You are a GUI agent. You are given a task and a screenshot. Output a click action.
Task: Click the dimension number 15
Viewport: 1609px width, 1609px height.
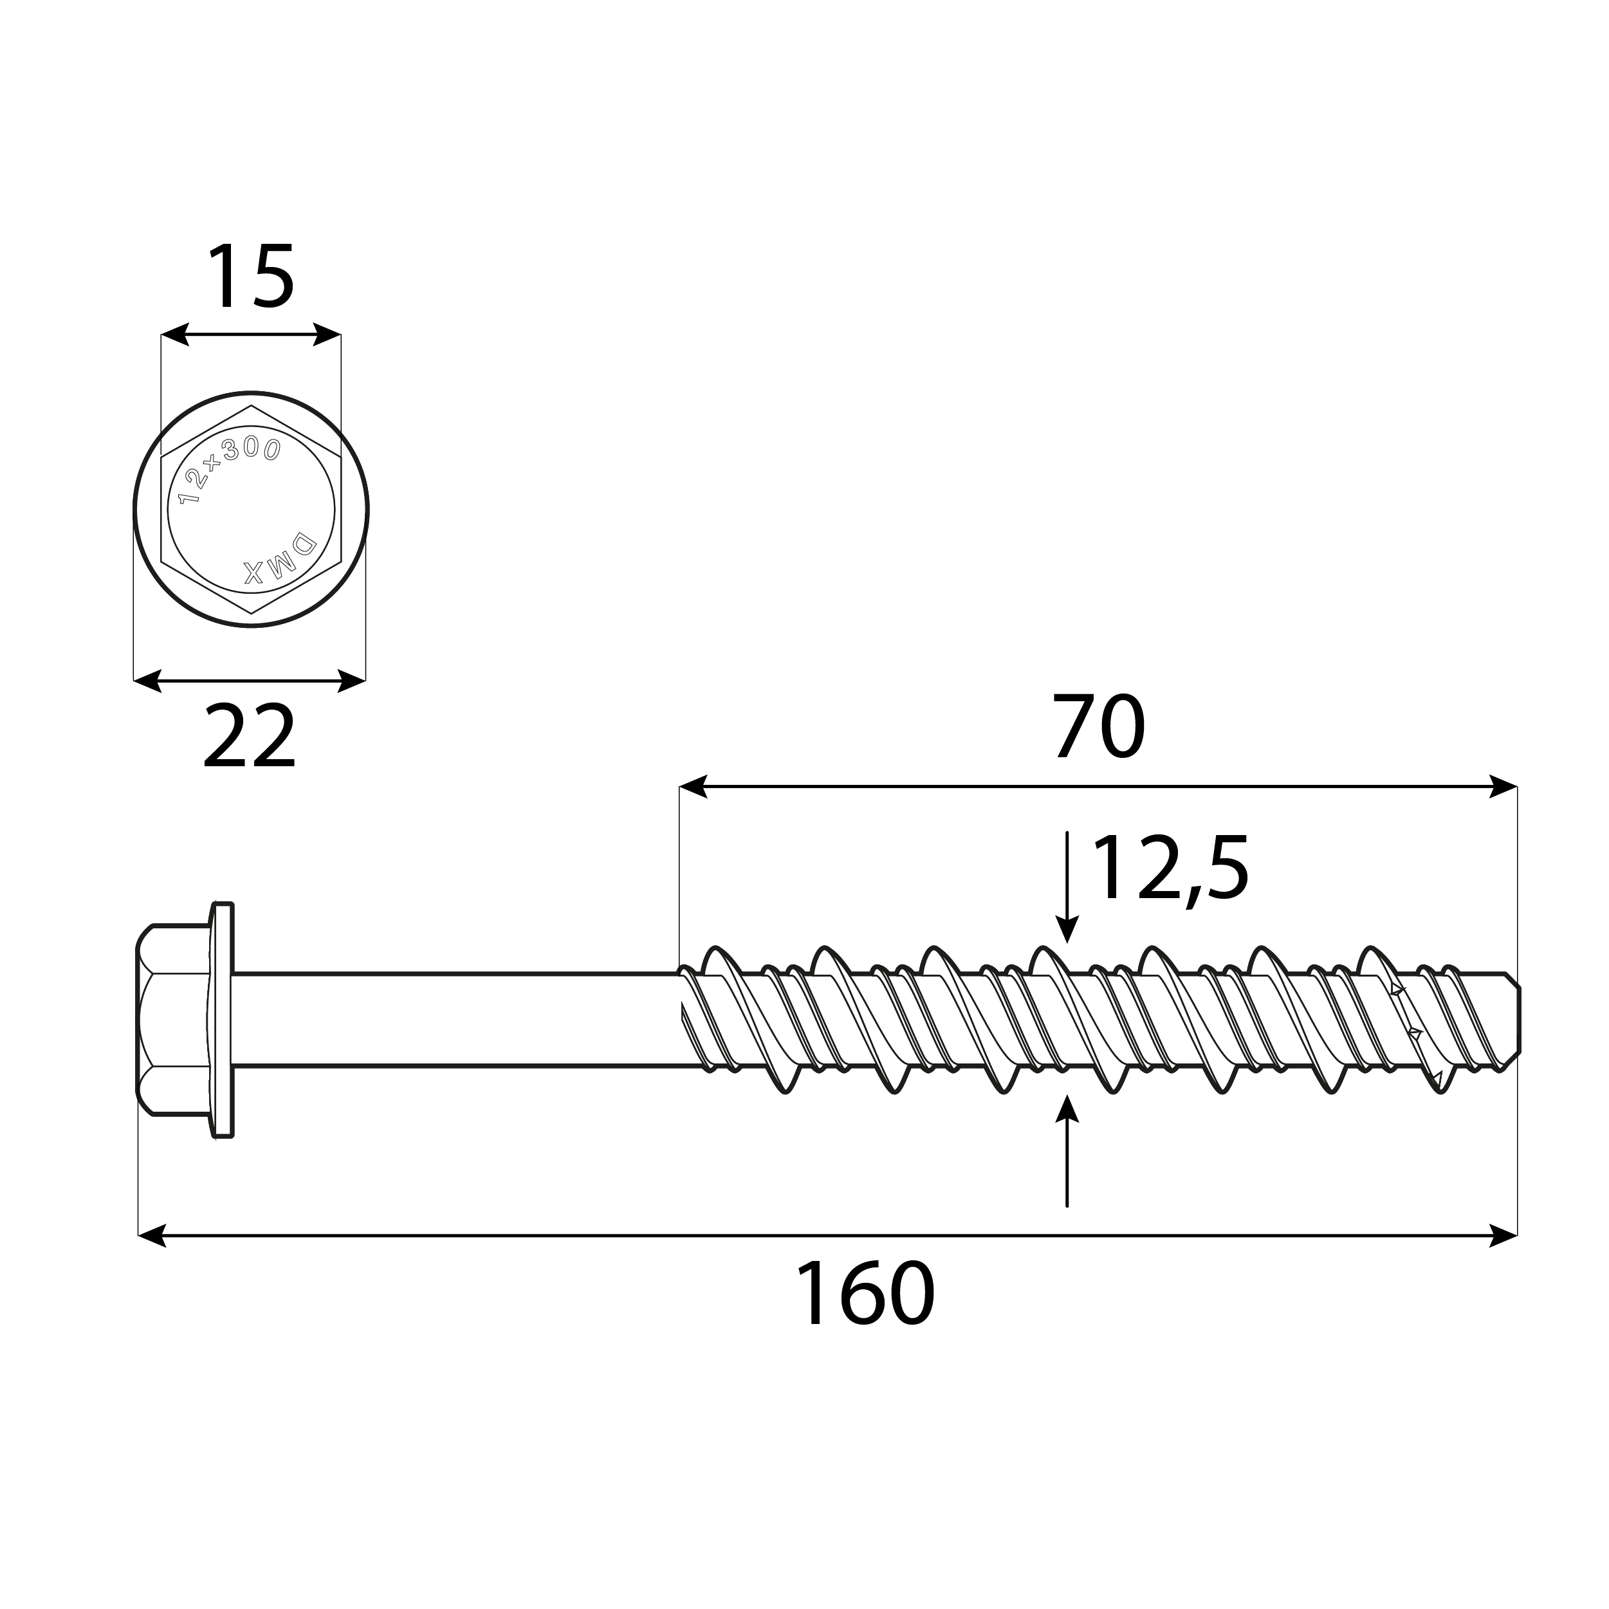250,277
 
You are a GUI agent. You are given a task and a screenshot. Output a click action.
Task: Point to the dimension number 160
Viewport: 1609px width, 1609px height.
865,1294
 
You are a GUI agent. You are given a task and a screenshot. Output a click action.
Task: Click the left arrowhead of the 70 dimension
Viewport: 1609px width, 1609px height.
693,786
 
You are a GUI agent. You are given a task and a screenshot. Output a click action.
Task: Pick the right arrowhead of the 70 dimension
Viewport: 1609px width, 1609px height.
1503,786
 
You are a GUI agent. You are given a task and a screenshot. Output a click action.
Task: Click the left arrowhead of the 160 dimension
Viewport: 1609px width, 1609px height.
152,1236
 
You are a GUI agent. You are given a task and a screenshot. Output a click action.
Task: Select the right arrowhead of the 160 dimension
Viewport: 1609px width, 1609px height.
1503,1236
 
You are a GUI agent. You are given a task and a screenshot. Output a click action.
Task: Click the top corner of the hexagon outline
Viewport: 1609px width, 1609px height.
251,407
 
